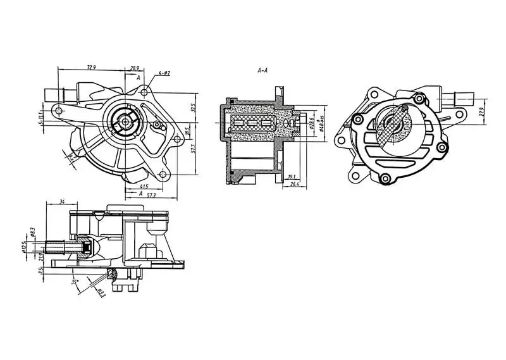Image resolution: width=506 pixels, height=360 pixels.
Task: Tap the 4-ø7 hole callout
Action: [164, 73]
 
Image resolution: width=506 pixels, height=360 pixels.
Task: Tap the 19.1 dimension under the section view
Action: [292, 177]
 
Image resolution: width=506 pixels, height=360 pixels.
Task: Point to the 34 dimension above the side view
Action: [62, 202]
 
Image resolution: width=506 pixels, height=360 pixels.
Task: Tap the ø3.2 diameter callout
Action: [101, 292]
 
